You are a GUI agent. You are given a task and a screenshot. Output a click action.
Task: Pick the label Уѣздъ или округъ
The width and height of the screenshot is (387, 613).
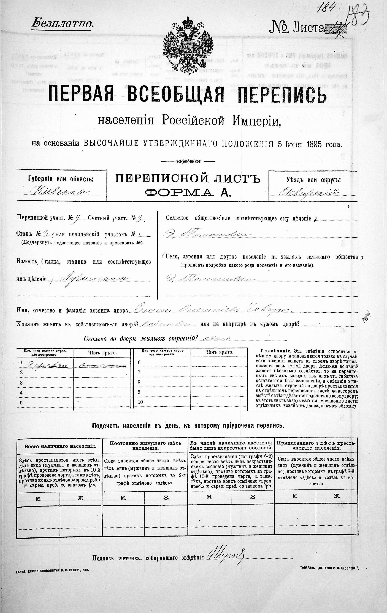click(313, 180)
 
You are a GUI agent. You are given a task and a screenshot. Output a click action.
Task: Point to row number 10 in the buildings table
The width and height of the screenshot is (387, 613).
click(140, 402)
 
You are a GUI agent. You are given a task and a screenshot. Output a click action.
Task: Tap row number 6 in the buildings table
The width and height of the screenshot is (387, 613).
click(139, 362)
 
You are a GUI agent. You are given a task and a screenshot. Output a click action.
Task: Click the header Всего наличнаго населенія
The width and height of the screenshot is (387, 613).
click(60, 446)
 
